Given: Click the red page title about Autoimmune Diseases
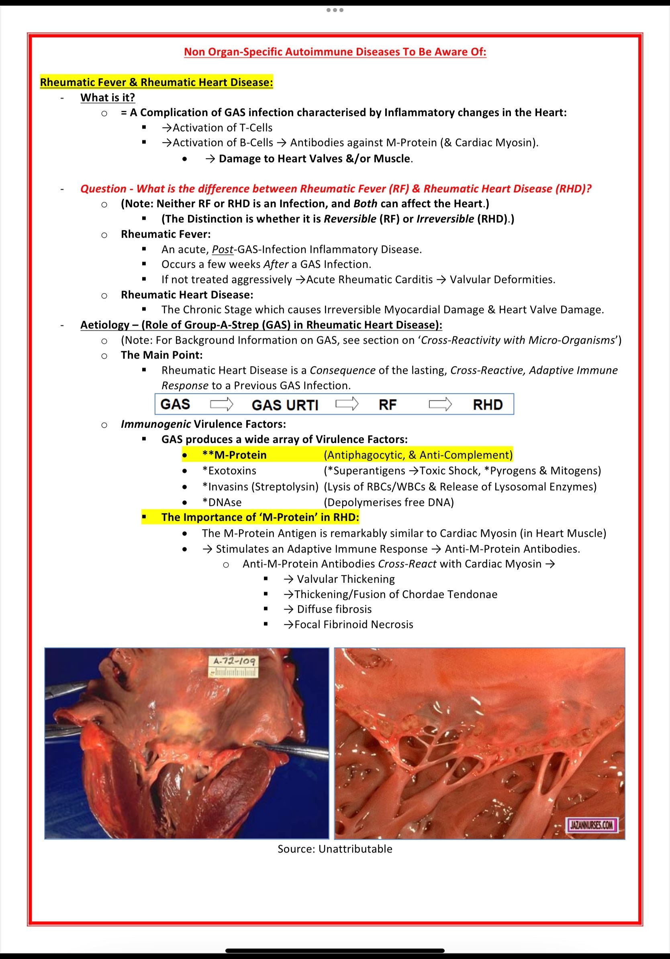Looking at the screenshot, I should point(335,52).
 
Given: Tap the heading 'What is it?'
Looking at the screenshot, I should point(108,98).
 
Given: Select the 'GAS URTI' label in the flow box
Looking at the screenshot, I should point(285,405).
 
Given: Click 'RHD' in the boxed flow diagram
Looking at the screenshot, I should point(488,404).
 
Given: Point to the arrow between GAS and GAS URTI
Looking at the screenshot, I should point(221,404).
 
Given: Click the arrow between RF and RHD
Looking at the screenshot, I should point(440,404).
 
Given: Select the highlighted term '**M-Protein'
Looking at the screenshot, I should point(234,455).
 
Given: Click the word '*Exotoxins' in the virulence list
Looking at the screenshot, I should point(229,471).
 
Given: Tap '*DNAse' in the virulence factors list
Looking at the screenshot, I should point(222,502).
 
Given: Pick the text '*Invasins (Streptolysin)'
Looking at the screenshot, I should point(260,487).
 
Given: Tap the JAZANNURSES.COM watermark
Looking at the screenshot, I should point(591,825).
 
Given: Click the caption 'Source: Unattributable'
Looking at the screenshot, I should point(335,849).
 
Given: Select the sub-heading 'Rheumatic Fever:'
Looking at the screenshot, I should point(166,234).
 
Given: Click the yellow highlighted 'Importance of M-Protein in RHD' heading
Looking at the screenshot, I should point(260,518).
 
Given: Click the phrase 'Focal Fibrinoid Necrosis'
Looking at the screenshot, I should point(353,625).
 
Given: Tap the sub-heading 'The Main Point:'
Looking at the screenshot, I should point(161,355).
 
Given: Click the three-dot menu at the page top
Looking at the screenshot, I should point(335,10).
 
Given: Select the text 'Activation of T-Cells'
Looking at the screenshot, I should point(222,128).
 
